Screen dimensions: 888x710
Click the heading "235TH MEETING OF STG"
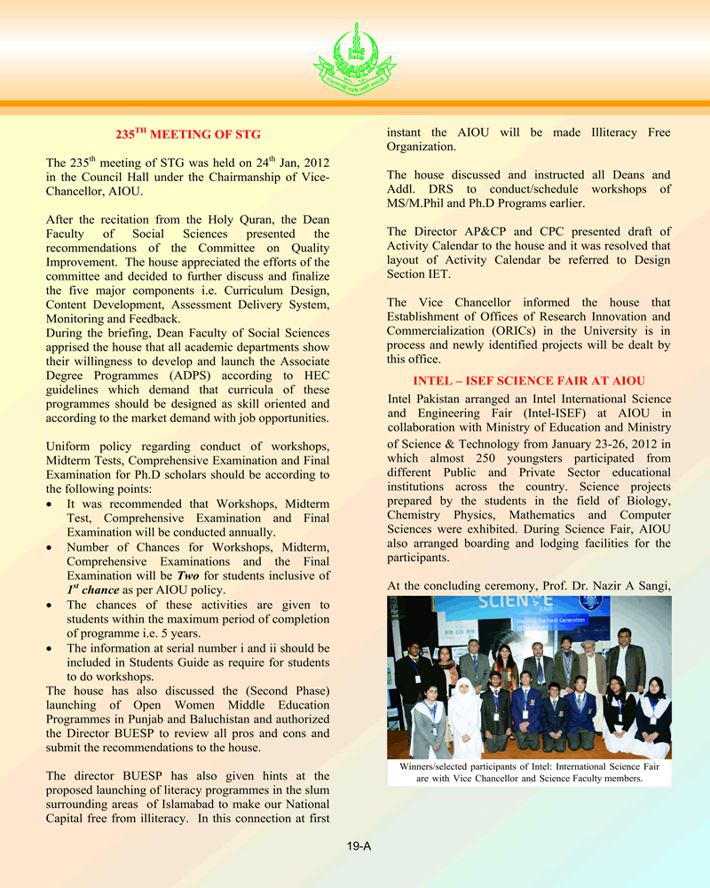tap(188, 134)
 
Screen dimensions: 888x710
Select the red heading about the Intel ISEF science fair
tap(529, 381)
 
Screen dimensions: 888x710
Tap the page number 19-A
tap(359, 846)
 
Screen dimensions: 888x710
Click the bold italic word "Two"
tap(187, 575)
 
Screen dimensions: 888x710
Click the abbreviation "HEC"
tap(316, 376)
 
